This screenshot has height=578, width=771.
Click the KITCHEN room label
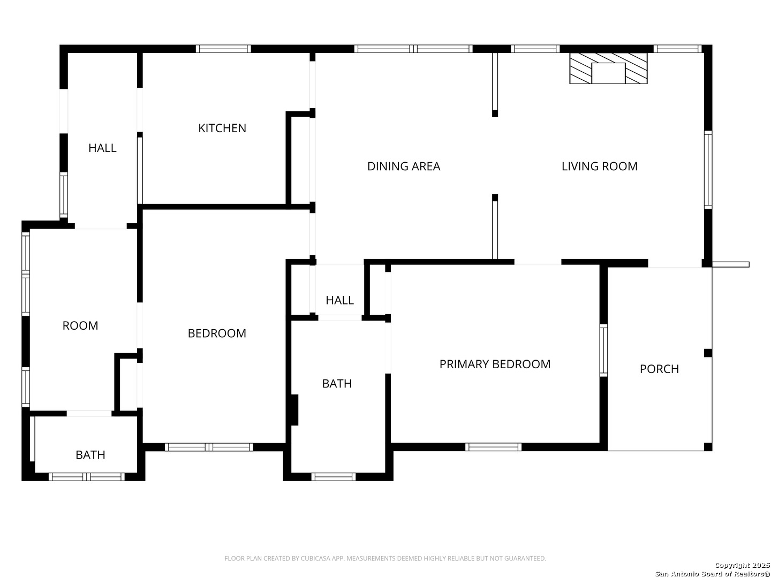tap(222, 128)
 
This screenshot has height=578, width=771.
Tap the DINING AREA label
tap(404, 166)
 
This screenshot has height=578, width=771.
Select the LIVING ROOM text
tap(599, 166)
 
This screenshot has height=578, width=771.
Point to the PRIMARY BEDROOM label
tap(495, 364)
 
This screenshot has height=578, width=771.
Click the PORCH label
tap(659, 369)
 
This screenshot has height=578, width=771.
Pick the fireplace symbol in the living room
tap(608, 69)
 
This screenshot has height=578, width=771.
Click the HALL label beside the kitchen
tap(102, 148)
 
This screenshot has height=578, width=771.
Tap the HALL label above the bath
tap(339, 300)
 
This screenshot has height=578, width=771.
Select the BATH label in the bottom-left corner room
tap(90, 455)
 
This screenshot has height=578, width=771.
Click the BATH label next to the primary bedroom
tap(337, 384)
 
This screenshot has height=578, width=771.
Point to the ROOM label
tap(80, 326)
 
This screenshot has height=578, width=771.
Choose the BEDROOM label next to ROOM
tap(217, 333)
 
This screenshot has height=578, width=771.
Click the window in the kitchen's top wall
tap(223, 49)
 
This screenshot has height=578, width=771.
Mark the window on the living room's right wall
tap(708, 170)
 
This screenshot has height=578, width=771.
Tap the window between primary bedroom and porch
tap(603, 350)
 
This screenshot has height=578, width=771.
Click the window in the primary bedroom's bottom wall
tap(493, 447)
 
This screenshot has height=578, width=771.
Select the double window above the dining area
tap(413, 49)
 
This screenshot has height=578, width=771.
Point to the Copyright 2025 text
tap(742, 565)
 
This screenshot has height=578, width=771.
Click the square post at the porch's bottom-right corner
tap(708, 447)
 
